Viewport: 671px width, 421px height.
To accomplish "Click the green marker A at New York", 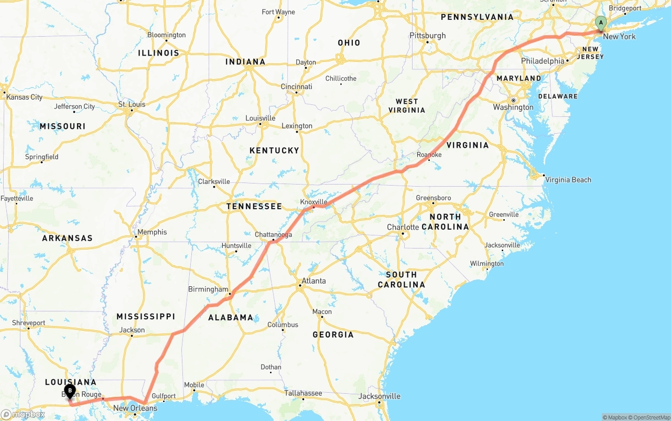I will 601,24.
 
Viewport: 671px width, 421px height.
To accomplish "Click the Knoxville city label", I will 313,202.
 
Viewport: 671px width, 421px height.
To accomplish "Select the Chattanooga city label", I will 273,234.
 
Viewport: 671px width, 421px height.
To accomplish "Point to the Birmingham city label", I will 208,289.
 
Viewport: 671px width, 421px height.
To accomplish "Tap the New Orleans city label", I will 135,408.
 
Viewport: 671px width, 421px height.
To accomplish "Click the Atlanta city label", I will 313,281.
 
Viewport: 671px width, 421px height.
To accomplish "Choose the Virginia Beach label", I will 568,180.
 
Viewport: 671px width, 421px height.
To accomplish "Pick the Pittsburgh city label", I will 428,36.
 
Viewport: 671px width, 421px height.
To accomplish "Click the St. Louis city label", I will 132,104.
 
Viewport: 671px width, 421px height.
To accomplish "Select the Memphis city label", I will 152,232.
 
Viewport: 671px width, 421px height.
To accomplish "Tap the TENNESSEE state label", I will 254,207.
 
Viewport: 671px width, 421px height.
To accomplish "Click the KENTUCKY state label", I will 274,150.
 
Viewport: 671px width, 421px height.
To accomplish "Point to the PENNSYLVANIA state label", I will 477,17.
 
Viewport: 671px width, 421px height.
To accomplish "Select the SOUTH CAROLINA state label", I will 401,279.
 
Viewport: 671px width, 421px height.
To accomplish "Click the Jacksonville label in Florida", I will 379,396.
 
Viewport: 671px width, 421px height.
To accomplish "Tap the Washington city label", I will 513,107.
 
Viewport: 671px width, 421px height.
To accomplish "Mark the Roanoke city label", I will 429,155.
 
